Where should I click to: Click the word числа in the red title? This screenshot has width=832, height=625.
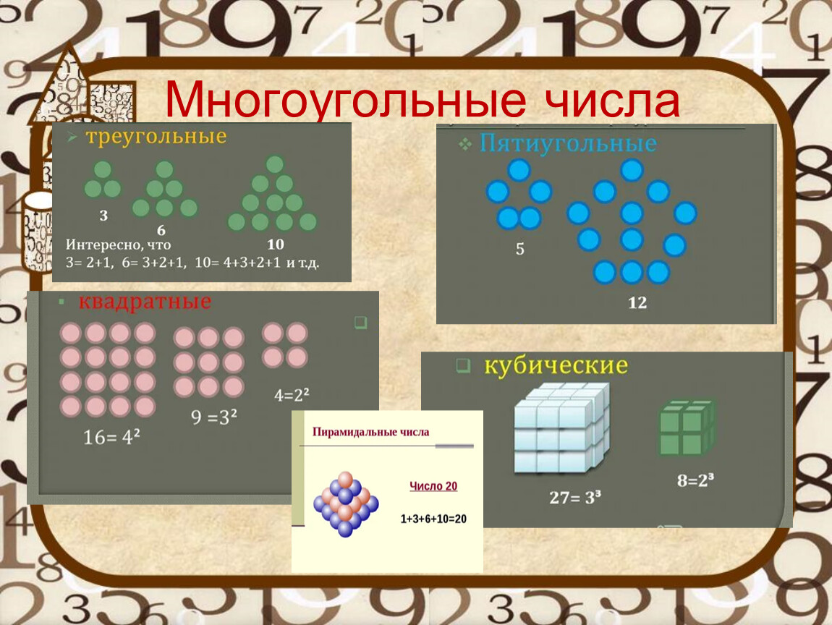click(x=613, y=100)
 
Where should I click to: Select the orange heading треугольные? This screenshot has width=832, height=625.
click(x=156, y=136)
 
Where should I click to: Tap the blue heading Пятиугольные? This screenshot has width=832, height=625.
click(x=568, y=143)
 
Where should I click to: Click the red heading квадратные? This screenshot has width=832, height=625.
click(x=145, y=302)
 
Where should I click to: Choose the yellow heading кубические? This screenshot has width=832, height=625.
click(x=556, y=365)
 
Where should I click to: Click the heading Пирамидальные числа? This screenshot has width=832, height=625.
click(x=370, y=432)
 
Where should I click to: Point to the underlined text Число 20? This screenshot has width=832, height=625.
click(x=433, y=486)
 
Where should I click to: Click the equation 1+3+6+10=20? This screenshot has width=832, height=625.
click(x=433, y=519)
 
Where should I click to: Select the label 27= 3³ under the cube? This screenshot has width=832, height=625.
click(x=575, y=498)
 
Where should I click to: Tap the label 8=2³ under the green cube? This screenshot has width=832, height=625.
click(x=695, y=480)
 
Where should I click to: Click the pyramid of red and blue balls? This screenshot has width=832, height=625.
click(x=346, y=504)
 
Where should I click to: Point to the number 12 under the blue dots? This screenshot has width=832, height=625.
click(x=637, y=302)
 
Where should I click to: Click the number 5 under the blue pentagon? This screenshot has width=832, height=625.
click(x=519, y=248)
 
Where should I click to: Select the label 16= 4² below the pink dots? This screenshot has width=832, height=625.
click(x=111, y=437)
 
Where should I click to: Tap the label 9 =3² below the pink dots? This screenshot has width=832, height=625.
click(x=214, y=417)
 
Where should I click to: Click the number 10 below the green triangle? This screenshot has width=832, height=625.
click(x=275, y=244)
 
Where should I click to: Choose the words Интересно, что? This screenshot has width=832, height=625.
click(x=119, y=245)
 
